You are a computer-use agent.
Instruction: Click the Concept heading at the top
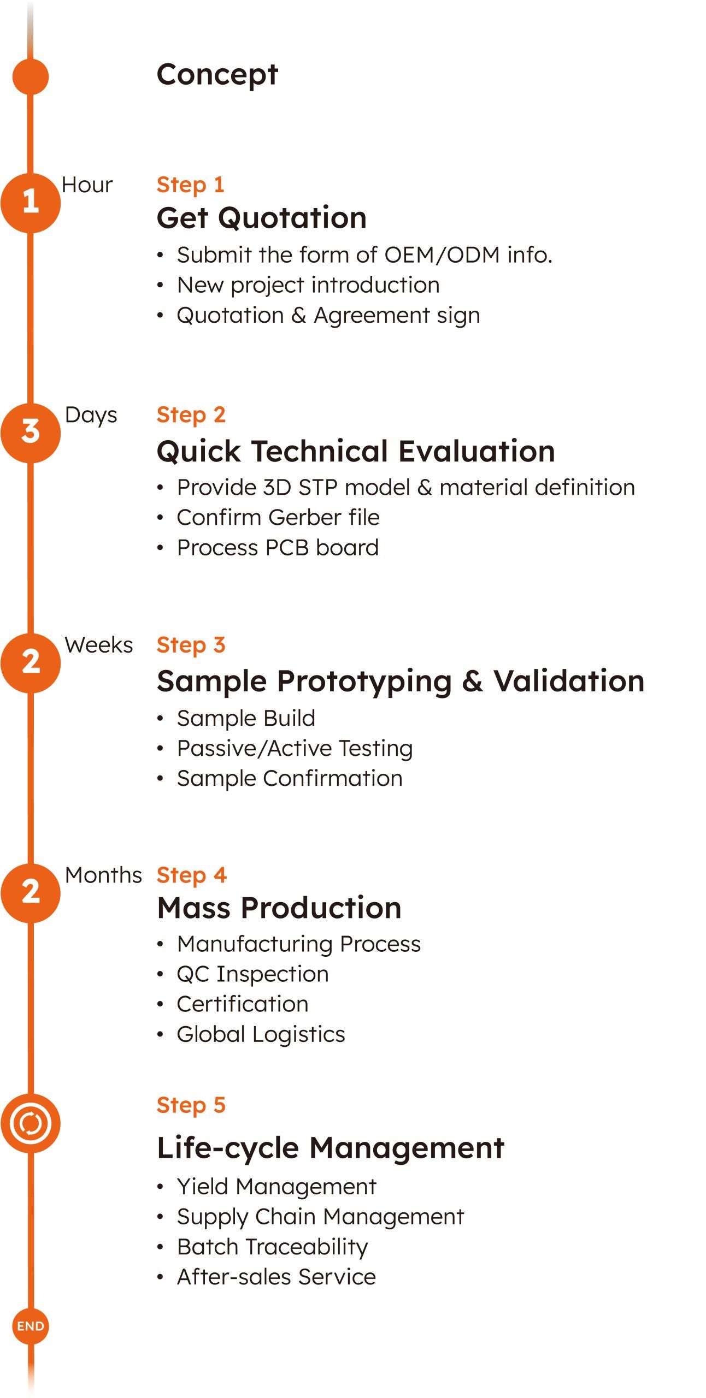(217, 75)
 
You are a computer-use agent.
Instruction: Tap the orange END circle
(31, 1326)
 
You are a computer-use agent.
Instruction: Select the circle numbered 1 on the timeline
(31, 203)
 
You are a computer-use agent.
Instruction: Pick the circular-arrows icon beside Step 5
(31, 1123)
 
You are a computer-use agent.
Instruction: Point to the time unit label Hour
(87, 185)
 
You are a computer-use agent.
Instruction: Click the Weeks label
(98, 645)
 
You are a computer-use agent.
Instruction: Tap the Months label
(103, 875)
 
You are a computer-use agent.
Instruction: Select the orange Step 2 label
(191, 415)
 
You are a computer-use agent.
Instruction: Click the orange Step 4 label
(191, 875)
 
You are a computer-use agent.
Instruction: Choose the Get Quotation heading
(262, 218)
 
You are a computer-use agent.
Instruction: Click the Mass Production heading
(279, 908)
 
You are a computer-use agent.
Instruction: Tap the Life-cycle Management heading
(331, 1148)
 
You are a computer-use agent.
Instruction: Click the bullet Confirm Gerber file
(278, 517)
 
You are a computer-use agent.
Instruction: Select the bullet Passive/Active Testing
(295, 748)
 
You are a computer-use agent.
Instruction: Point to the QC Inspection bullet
(252, 974)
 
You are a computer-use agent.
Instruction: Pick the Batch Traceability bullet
(272, 1247)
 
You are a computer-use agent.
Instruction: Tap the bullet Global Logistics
(261, 1034)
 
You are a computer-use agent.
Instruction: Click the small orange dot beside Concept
(31, 76)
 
